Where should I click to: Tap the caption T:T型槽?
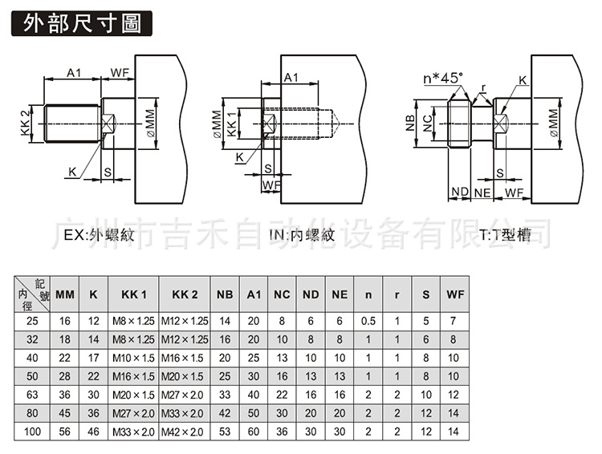(x=505, y=236)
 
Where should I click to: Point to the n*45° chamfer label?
(x=444, y=78)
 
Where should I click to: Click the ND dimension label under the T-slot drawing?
(x=458, y=193)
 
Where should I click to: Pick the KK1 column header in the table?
(x=133, y=294)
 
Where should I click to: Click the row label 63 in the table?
(x=31, y=395)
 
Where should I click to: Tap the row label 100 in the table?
(x=31, y=432)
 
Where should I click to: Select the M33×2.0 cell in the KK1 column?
(x=133, y=432)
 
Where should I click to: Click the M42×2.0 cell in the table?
(x=185, y=432)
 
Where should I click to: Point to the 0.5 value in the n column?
(x=368, y=321)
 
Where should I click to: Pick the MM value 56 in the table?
(x=65, y=432)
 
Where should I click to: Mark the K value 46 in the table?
(x=94, y=432)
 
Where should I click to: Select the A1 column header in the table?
(x=254, y=294)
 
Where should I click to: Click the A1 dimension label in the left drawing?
(x=74, y=73)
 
